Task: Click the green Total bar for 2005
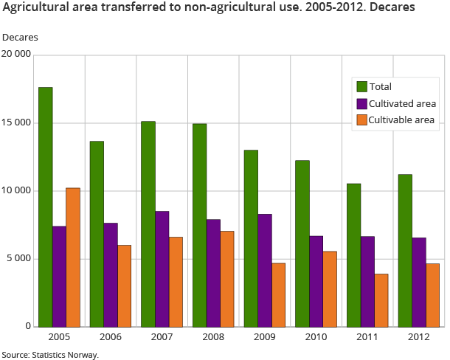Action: [46, 207]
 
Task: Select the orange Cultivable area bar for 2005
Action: [73, 257]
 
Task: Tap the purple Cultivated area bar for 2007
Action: [162, 269]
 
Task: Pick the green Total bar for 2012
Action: [405, 250]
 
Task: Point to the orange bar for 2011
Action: [381, 300]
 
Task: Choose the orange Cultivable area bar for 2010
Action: [329, 288]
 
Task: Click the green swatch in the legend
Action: [361, 87]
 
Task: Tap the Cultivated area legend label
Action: [403, 103]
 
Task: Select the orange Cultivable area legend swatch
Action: [361, 120]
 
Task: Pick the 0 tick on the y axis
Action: [28, 326]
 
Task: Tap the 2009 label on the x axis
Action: [264, 338]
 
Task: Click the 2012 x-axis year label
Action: [418, 338]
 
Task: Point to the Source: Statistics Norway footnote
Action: [50, 354]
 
